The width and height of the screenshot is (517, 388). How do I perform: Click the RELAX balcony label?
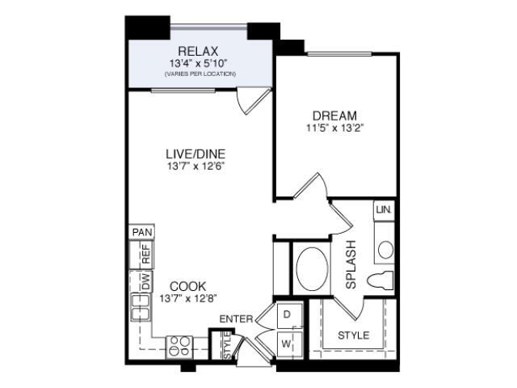[x=198, y=51]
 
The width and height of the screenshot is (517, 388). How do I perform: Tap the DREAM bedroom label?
[x=334, y=116]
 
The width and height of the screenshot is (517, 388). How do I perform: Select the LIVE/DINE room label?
[x=195, y=154]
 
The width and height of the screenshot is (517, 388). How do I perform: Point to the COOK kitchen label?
[x=188, y=286]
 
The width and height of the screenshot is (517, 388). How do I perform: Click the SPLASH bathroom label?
[x=351, y=264]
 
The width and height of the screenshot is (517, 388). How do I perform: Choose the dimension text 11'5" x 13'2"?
[x=334, y=128]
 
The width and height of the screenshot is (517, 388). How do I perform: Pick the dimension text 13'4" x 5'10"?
[x=199, y=63]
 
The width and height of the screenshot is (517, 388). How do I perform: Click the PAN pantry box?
[x=142, y=232]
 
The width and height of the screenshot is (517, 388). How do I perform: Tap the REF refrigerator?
[x=141, y=255]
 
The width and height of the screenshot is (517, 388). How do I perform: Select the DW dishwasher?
[x=142, y=281]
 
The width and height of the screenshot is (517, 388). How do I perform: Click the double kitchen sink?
[x=141, y=307]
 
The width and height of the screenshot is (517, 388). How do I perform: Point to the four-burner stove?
[x=179, y=347]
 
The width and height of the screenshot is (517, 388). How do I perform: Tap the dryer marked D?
[x=289, y=315]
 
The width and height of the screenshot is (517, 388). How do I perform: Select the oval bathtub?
[x=312, y=269]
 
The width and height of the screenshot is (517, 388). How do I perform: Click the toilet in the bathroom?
[x=380, y=280]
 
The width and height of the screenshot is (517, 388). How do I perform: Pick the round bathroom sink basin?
[x=386, y=250]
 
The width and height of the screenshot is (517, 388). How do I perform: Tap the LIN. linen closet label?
[x=384, y=209]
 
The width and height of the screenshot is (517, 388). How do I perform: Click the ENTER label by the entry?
[x=237, y=319]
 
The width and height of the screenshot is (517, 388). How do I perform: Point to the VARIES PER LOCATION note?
[x=200, y=74]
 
